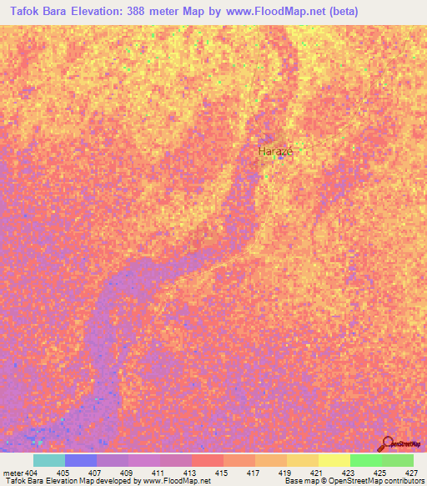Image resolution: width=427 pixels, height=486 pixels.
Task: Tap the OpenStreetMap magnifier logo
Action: [x=388, y=443]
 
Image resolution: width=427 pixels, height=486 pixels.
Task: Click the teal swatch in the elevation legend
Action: [x=48, y=460]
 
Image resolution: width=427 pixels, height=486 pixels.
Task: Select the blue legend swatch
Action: [x=81, y=460]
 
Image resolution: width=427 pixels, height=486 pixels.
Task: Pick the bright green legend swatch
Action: [x=365, y=460]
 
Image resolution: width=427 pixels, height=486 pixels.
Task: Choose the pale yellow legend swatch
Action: [x=334, y=460]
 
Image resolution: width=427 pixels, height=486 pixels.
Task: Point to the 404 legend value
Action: [x=33, y=473]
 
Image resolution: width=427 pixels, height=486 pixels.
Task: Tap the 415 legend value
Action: [x=221, y=473]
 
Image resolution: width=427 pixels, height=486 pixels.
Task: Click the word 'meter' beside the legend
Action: [x=13, y=473]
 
